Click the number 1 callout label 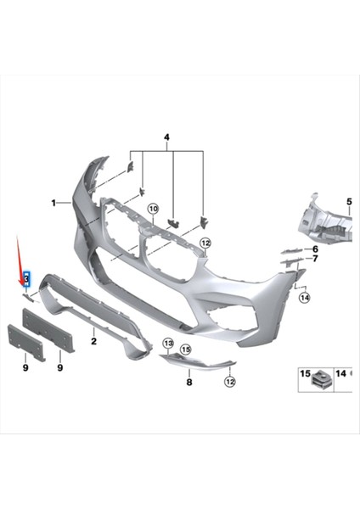tap(53, 203)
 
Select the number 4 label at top tap(167, 137)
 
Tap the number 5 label tap(348, 200)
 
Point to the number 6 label tap(314, 249)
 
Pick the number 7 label tap(314, 259)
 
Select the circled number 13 tap(167, 344)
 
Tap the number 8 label tap(189, 383)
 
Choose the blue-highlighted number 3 tap(27, 278)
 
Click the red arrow tap(23, 259)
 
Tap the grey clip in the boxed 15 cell tap(321, 378)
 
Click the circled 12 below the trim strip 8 tap(228, 383)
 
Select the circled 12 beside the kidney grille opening tap(205, 243)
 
